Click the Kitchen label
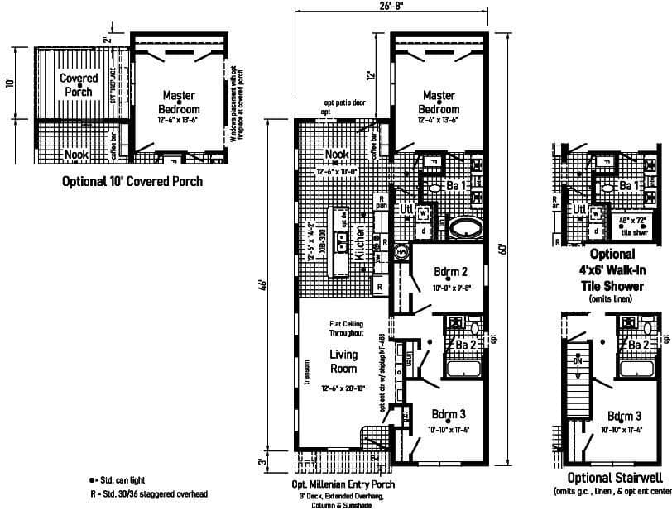360,245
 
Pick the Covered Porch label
79,84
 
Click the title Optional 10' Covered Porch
132,181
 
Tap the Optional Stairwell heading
612,479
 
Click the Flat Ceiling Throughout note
346,328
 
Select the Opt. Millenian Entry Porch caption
343,484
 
